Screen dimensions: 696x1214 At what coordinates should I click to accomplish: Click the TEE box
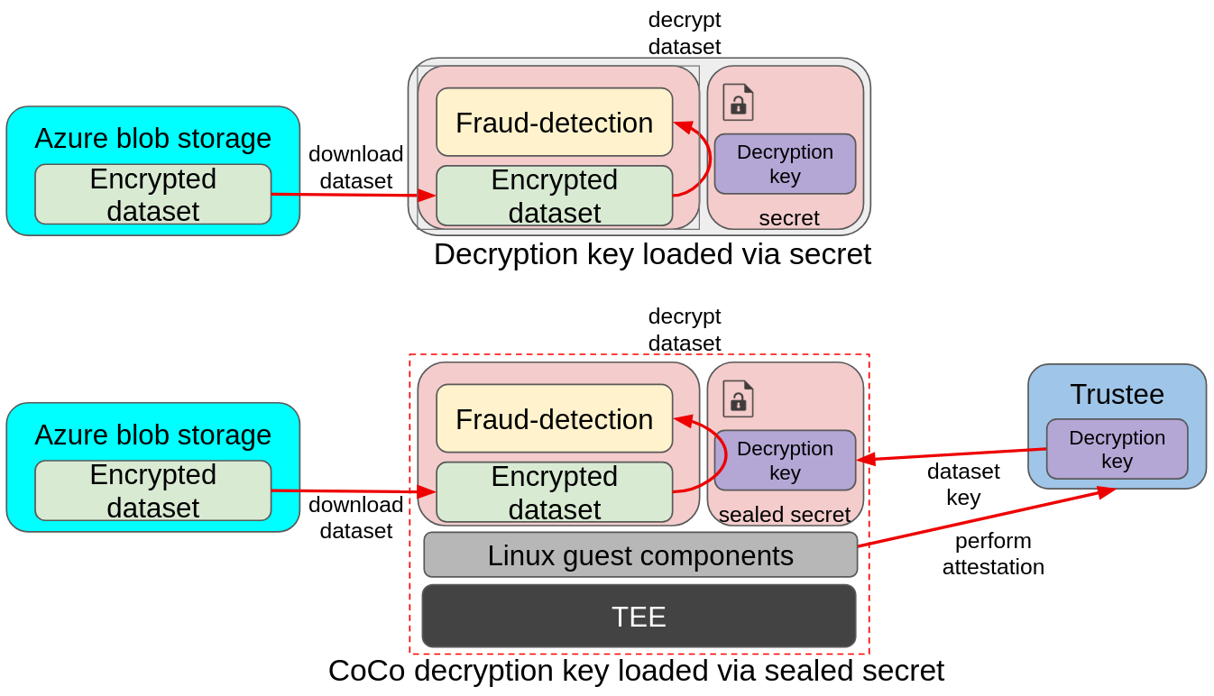tap(639, 617)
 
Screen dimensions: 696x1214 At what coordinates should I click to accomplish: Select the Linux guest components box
tap(640, 555)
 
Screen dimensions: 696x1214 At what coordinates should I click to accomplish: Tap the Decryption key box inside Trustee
tap(1117, 449)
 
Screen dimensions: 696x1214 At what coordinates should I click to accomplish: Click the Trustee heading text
tap(1117, 394)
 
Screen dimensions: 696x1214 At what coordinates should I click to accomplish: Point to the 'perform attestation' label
tap(993, 554)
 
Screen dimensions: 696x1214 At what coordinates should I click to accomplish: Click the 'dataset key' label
tap(963, 484)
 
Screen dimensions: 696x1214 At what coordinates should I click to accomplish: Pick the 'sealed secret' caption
tap(785, 515)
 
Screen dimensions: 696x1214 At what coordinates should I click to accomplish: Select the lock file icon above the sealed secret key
tap(738, 398)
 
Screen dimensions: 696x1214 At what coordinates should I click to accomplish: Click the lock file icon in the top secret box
tap(738, 102)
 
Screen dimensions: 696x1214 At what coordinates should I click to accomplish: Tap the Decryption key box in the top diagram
tap(785, 164)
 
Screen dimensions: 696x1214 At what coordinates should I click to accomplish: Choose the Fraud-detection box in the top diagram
tap(554, 123)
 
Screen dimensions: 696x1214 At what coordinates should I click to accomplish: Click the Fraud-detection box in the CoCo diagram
tap(554, 419)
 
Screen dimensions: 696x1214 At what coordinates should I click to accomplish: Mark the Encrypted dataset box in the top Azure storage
tap(152, 195)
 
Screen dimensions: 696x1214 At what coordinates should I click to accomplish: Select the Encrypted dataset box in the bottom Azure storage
tap(152, 491)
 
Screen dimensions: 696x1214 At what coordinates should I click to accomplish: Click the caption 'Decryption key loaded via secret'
tap(652, 254)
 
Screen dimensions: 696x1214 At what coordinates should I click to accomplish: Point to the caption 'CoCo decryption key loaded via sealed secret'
tap(636, 671)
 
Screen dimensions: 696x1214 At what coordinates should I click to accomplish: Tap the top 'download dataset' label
tap(355, 168)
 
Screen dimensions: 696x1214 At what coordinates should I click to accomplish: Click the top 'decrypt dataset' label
tap(685, 33)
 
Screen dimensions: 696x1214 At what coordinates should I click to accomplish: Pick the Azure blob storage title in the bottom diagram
tap(152, 435)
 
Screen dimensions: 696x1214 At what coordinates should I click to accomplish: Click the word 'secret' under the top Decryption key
tap(789, 218)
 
